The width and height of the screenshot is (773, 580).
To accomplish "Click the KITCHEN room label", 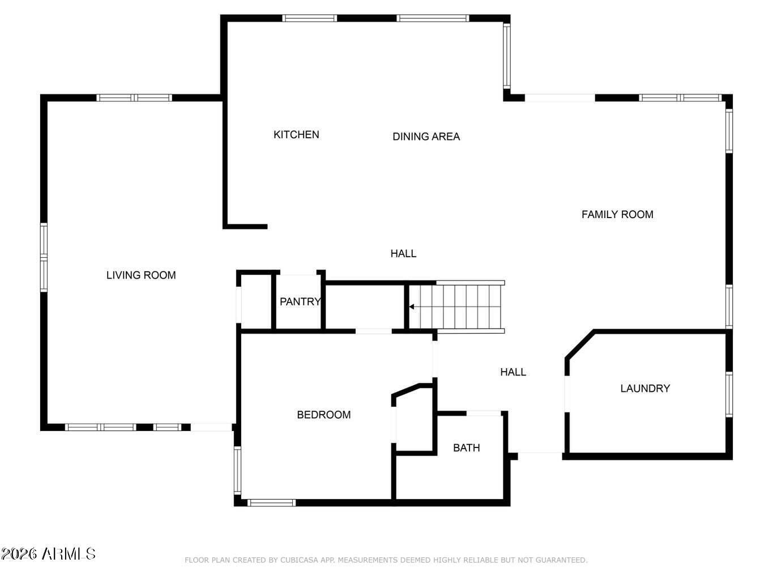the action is [x=296, y=135].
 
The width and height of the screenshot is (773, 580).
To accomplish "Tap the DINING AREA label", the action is [x=426, y=137].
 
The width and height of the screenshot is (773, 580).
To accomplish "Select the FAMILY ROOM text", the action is [x=617, y=215].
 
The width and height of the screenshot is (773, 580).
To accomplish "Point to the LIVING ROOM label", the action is [x=141, y=275].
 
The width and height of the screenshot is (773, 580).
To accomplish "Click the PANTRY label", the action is [x=300, y=301].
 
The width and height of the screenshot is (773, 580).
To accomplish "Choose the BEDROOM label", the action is [x=323, y=415].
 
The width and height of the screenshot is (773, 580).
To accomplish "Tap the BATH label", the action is [x=466, y=448].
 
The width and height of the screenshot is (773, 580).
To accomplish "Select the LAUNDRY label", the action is [x=645, y=389].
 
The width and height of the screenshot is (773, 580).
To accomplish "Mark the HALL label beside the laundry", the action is [x=513, y=372].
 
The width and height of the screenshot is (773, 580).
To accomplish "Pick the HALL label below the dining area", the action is [x=403, y=254].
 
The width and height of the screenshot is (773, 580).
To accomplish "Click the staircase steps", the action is [x=457, y=307].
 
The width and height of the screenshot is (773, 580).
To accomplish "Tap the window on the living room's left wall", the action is [x=44, y=257].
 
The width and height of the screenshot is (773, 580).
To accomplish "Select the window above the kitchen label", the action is [x=310, y=18].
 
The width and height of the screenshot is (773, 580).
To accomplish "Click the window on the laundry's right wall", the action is [x=729, y=394].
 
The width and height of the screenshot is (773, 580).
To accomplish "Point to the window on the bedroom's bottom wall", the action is [x=271, y=503].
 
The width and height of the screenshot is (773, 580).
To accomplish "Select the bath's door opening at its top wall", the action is [x=484, y=413].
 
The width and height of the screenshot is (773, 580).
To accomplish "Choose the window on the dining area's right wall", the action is [x=506, y=56].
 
